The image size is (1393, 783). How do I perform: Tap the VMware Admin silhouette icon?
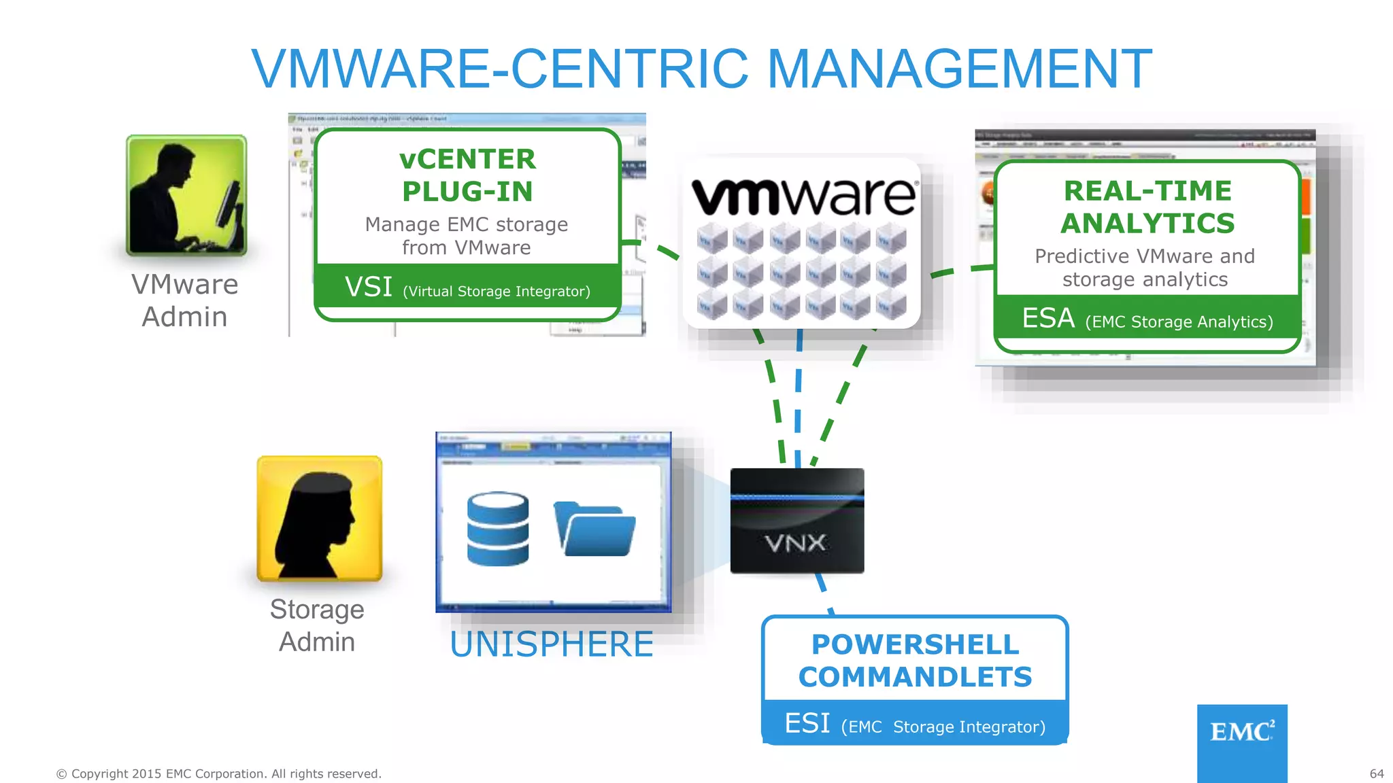(x=186, y=196)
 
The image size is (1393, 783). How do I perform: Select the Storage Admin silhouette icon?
(x=319, y=518)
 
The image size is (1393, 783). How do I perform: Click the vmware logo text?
(x=803, y=196)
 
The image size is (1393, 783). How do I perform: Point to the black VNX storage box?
(x=797, y=521)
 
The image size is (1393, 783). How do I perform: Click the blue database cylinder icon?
(x=498, y=529)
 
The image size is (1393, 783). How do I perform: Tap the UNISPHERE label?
(x=552, y=644)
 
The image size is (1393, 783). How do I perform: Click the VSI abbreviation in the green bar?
(x=369, y=287)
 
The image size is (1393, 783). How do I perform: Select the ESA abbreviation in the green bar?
(x=1048, y=318)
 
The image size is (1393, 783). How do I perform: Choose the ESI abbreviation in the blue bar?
(x=807, y=723)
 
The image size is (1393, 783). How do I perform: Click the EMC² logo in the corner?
(x=1242, y=733)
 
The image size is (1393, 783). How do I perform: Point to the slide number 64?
(x=1377, y=773)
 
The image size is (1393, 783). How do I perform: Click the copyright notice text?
(x=218, y=773)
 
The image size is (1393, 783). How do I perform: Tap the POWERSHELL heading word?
(x=916, y=644)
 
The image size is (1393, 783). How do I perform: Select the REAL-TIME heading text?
(x=1147, y=191)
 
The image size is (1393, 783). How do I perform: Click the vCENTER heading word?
(x=467, y=159)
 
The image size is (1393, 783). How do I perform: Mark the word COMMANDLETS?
(x=916, y=677)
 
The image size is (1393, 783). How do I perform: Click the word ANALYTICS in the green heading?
(x=1147, y=224)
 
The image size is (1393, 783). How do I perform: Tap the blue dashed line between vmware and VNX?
(x=799, y=401)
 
